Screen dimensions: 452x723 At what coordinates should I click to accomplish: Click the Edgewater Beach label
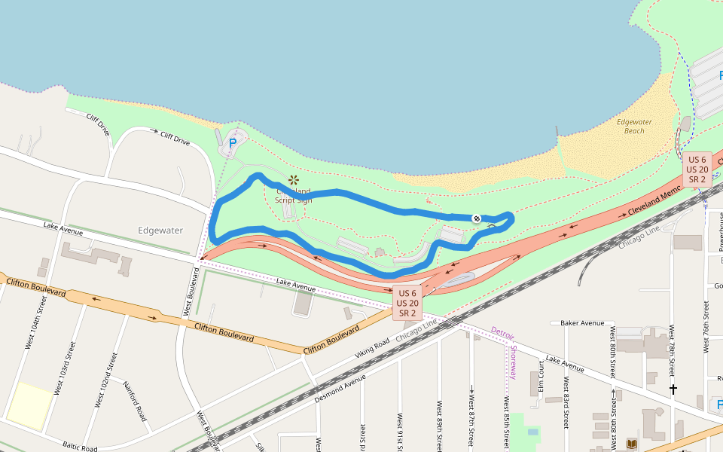tap(634, 126)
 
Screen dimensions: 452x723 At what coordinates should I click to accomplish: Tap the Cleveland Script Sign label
tap(293, 196)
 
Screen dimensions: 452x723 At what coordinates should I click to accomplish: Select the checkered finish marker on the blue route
tap(477, 218)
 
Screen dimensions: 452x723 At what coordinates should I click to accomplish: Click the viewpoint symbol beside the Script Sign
tap(294, 179)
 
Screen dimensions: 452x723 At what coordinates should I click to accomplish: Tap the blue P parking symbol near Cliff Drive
tap(233, 142)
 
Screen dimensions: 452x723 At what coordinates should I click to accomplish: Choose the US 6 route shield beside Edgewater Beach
tap(697, 169)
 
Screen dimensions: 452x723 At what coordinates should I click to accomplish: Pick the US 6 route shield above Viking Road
tap(407, 303)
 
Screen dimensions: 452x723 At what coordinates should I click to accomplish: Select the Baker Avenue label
tap(582, 323)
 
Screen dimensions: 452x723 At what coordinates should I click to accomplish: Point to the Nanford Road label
tap(134, 400)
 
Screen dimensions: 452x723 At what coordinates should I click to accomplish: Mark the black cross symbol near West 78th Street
tap(673, 389)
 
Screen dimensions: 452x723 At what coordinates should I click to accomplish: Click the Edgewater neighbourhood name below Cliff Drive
tap(160, 230)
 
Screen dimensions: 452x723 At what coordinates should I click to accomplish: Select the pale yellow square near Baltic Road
tap(31, 406)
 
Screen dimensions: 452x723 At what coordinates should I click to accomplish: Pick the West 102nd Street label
tap(104, 380)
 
